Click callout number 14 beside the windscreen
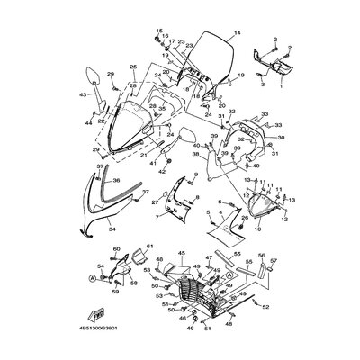pos(238,35)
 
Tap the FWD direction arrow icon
pos(93,315)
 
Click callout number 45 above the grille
pos(180,254)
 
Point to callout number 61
pos(149,247)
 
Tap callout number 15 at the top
pos(158,31)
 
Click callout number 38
pos(193,155)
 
